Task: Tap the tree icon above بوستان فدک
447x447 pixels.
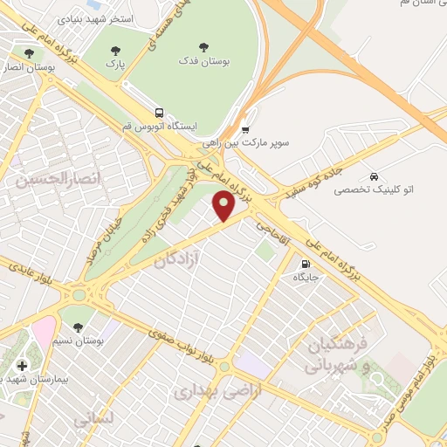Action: click(x=203, y=47)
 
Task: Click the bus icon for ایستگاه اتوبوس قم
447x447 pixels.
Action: click(x=159, y=113)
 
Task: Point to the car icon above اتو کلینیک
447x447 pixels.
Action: click(x=375, y=175)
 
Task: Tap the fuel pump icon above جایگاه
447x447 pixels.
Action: click(x=304, y=265)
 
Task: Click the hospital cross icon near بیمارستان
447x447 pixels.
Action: click(x=22, y=365)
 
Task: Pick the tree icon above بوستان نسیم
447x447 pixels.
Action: click(x=79, y=327)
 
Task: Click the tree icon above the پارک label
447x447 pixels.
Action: click(x=115, y=51)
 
